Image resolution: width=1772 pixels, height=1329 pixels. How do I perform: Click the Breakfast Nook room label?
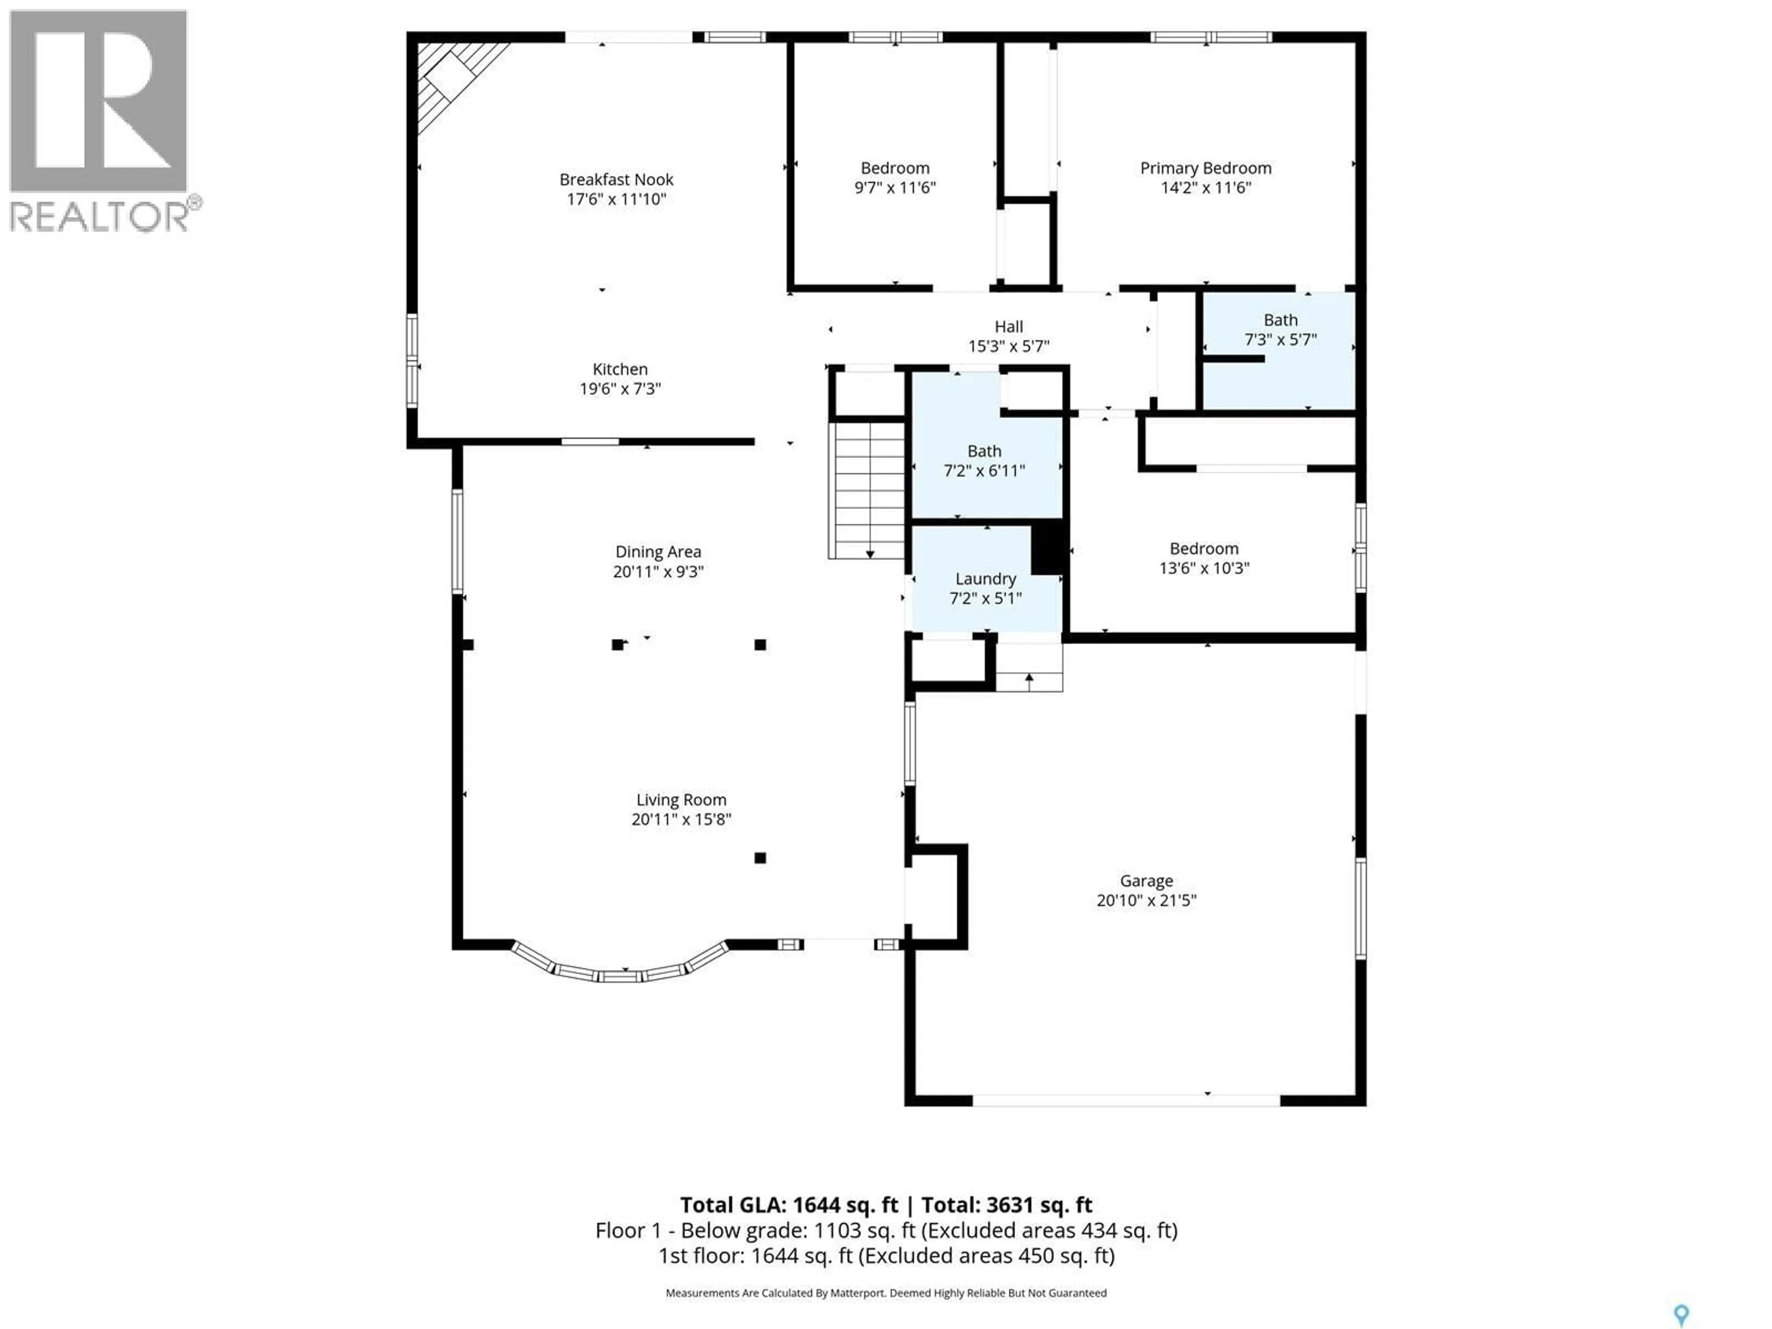tap(616, 180)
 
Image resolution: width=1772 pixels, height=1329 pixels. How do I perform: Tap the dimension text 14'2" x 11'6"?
tap(1206, 187)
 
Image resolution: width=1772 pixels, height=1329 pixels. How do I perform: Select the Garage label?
tap(1146, 880)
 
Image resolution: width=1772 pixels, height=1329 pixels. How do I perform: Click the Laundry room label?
tap(985, 578)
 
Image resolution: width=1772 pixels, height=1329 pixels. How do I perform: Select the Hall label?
tap(1009, 326)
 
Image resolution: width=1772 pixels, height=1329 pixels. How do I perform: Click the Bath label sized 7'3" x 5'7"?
tap(1280, 320)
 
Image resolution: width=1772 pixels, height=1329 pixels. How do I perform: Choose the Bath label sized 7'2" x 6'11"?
tap(984, 451)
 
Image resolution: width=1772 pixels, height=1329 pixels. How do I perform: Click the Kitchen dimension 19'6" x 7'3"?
tap(620, 389)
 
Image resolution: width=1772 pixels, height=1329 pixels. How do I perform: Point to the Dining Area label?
tap(658, 551)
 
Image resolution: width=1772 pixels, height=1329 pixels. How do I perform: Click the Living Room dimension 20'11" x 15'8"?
tap(681, 819)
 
